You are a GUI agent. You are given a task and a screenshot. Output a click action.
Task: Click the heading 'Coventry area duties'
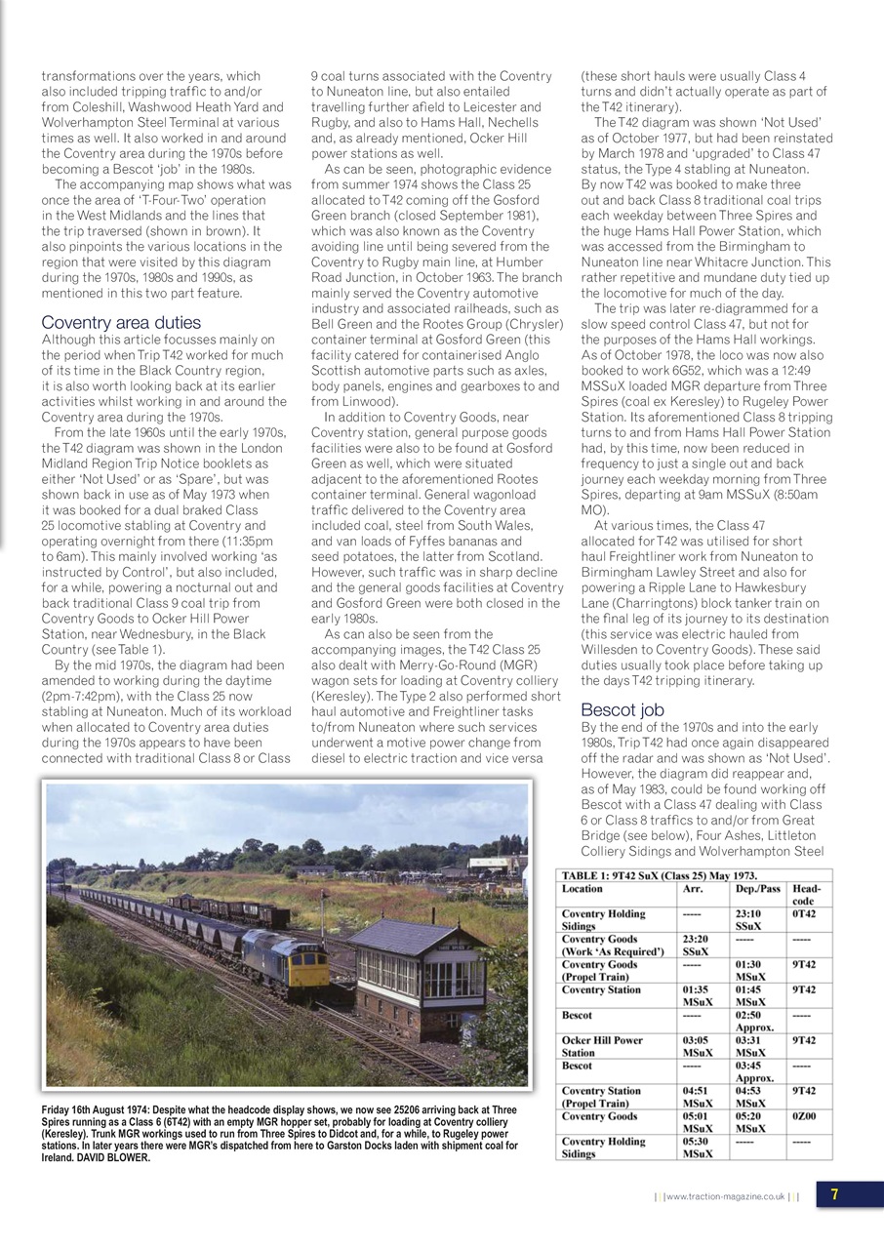coord(121,322)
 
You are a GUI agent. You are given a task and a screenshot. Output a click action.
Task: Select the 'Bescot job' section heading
coord(622,708)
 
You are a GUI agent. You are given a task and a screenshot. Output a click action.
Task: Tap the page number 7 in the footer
coord(836,1194)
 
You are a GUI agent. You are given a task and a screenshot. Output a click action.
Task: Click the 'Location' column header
coord(583,888)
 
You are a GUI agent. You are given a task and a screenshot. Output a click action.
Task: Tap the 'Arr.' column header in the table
coord(692,888)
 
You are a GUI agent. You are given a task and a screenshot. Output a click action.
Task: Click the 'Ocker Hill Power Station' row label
coord(602,1046)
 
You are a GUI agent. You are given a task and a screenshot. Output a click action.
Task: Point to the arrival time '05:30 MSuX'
coord(697,1148)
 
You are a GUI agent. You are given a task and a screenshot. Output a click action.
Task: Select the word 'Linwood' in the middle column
coord(362,400)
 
